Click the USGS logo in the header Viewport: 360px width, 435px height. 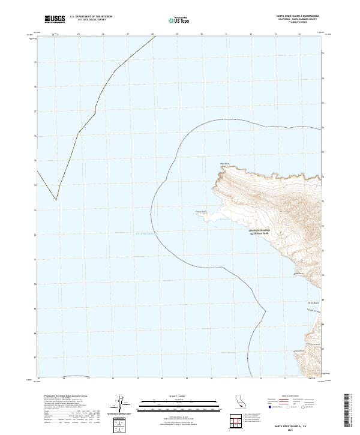tap(55, 19)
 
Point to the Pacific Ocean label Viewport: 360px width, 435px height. tap(144, 235)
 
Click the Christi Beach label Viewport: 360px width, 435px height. tap(311, 303)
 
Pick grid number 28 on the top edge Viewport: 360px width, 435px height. tap(152, 34)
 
